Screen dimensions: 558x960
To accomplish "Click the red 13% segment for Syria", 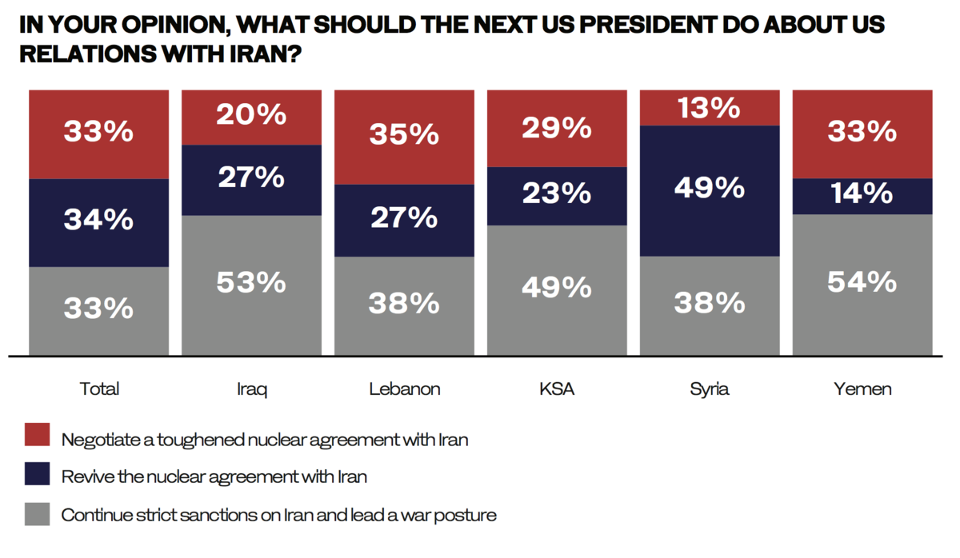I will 710,108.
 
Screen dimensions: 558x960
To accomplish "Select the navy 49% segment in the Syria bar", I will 710,190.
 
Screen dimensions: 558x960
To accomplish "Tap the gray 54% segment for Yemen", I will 862,285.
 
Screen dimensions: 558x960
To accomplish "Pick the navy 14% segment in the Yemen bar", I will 862,196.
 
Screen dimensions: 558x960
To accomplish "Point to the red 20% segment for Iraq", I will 251,118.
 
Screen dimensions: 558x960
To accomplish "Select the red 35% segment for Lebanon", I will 404,137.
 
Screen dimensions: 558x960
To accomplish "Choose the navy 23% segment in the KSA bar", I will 557,196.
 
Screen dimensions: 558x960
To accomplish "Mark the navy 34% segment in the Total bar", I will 98,222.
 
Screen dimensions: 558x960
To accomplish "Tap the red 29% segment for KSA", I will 557,129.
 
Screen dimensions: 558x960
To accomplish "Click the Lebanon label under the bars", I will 404,389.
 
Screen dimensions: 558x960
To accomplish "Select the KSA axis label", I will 557,389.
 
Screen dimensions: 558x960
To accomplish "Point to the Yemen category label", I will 862,389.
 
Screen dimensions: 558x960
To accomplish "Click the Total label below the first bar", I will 99,389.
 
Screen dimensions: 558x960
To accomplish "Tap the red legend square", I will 37,436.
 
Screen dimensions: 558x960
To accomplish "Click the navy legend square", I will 37,474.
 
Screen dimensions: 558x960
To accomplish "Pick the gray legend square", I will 37,513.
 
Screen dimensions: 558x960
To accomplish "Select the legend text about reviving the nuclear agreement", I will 214,477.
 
